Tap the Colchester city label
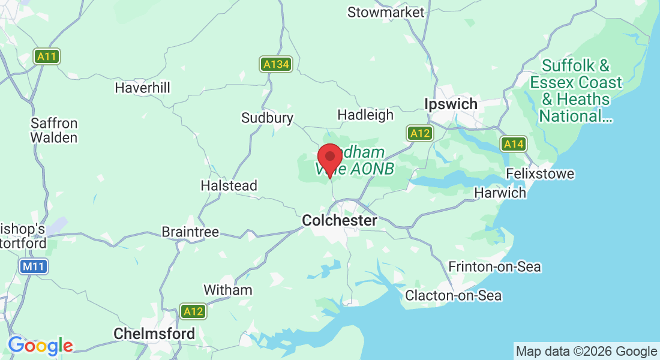coord(340,221)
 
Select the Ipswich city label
coord(451,104)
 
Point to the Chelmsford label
coord(154,334)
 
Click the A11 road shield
coord(46,57)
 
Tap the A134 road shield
coord(275,64)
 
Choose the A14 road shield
coord(514,144)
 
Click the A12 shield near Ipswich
coord(419,133)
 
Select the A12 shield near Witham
coord(193,311)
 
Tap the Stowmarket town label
coord(386,12)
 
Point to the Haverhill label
coord(142,88)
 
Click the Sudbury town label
coord(267,118)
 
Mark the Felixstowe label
coord(540,174)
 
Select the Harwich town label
coord(500,193)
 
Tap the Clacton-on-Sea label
coord(453,295)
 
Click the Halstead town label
coord(229,186)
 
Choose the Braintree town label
coord(190,232)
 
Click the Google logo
coord(40,346)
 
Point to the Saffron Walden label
coord(54,130)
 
